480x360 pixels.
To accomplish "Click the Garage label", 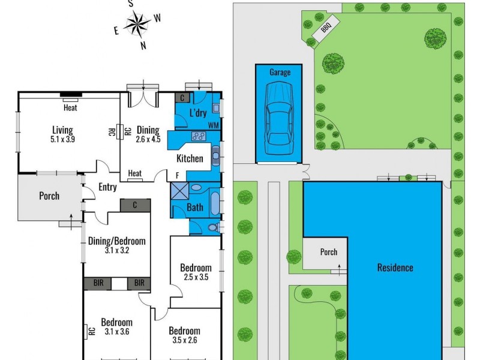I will tap(280, 73).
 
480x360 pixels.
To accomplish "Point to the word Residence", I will tap(395, 268).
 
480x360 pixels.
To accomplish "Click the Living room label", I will tap(62, 134).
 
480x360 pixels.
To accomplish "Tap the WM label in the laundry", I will tap(213, 124).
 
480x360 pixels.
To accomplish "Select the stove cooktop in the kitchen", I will tap(199, 137).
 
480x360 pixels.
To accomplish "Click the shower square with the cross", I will tap(179, 191).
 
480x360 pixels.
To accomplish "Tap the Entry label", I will tap(107, 187).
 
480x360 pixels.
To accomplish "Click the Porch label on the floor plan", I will tap(49, 196).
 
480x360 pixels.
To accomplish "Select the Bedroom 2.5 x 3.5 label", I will tap(196, 272).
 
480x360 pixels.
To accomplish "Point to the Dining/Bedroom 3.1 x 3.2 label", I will tap(117, 245).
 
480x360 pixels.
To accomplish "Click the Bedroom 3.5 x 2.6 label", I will tap(184, 335).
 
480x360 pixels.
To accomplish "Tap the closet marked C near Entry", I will tap(134, 205).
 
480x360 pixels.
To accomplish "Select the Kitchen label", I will tap(189, 159).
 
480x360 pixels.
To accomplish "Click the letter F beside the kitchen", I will tap(177, 175).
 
